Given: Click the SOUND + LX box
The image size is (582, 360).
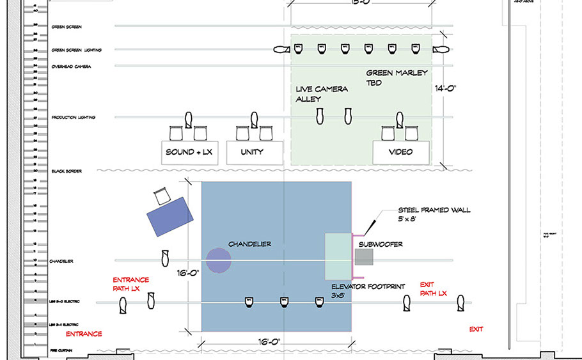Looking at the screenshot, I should pos(189,152).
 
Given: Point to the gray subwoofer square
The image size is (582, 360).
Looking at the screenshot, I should pos(364,257).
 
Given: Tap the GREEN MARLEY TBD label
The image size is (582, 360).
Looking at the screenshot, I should pos(397,77).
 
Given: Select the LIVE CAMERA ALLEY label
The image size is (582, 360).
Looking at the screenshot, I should pos(322,94).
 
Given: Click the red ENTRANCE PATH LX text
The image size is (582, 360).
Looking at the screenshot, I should pos(130,285).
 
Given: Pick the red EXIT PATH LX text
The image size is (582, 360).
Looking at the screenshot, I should pos(433,288).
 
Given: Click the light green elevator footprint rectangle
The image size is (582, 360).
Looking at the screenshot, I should pos(338,256).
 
